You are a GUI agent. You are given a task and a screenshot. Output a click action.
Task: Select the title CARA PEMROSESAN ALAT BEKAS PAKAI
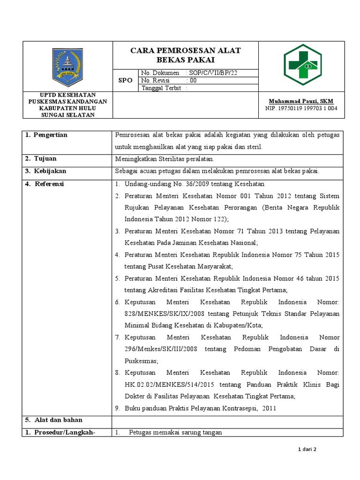coord(186,55)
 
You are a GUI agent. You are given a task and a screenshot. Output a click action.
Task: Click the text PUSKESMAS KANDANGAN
coord(68,101)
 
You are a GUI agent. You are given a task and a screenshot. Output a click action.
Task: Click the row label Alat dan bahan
coord(54,420)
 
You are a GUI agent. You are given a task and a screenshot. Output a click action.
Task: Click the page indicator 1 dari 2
coord(307,450)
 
